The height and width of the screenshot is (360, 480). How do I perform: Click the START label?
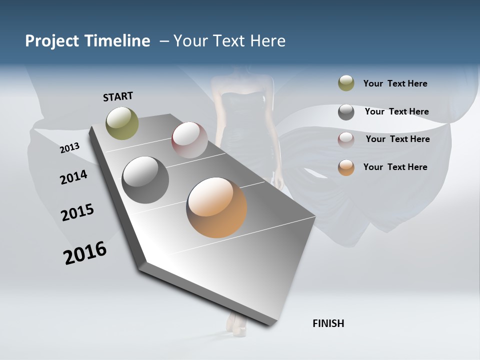118,96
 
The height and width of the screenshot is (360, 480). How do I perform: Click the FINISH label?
328,323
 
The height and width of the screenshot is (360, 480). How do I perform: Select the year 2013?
70,147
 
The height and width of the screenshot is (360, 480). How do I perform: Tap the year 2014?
74,177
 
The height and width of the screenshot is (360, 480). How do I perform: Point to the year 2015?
77,212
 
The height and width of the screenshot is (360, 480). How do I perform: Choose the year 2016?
85,253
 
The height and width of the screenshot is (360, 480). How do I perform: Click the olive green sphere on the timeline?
122,123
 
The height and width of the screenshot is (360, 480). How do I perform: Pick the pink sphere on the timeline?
189,140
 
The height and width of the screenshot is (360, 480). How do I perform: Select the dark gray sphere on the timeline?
145,180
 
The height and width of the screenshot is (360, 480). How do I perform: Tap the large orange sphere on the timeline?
216,207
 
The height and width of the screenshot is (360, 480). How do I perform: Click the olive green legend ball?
346,83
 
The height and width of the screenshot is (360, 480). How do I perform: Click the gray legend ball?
346,112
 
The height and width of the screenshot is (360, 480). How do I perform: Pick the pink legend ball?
346,139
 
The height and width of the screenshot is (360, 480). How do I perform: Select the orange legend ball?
346,167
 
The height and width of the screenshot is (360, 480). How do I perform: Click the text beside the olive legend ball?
395,84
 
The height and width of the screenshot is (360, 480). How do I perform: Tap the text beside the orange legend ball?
395,167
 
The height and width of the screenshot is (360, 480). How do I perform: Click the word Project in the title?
52,41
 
